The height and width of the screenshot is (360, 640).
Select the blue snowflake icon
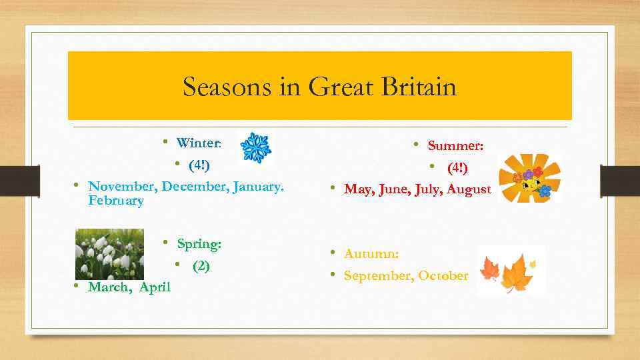click(255, 147)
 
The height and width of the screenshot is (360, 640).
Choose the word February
click(115, 201)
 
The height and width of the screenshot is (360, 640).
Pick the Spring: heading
click(199, 244)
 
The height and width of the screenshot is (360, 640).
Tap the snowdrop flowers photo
click(109, 254)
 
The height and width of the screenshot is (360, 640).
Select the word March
click(109, 287)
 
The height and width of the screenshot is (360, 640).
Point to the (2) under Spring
click(201, 266)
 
